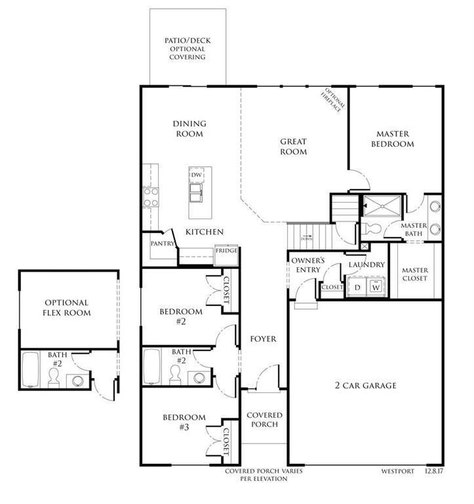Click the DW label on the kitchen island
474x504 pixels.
tap(196, 175)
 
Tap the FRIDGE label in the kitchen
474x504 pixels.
tap(226, 251)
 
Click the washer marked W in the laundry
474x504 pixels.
tap(376, 287)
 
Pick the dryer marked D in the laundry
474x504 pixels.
tap(357, 287)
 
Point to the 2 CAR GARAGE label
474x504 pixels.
tap(366, 385)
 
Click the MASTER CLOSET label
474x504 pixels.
tap(415, 274)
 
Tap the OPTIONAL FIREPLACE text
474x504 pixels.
tap(332, 100)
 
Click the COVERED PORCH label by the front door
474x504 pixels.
tap(264, 419)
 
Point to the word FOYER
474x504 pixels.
tap(263, 339)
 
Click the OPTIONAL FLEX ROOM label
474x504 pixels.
tap(68, 308)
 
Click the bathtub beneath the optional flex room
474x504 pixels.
tap(30, 371)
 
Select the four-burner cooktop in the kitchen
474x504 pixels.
tap(151, 197)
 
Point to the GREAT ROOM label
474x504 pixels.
tap(293, 146)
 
